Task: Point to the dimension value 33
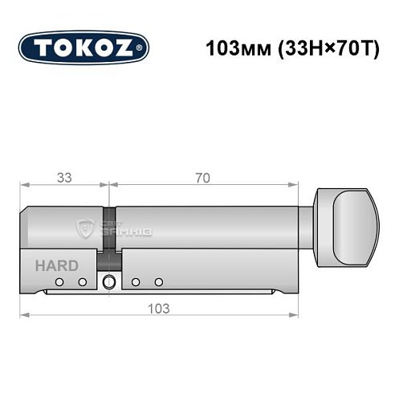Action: [x=63, y=178]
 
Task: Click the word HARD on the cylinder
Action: [x=55, y=265]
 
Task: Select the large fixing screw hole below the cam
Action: [x=108, y=281]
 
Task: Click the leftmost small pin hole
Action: [x=60, y=281]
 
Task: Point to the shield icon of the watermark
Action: [x=84, y=229]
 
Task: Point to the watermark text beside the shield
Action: [x=125, y=230]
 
